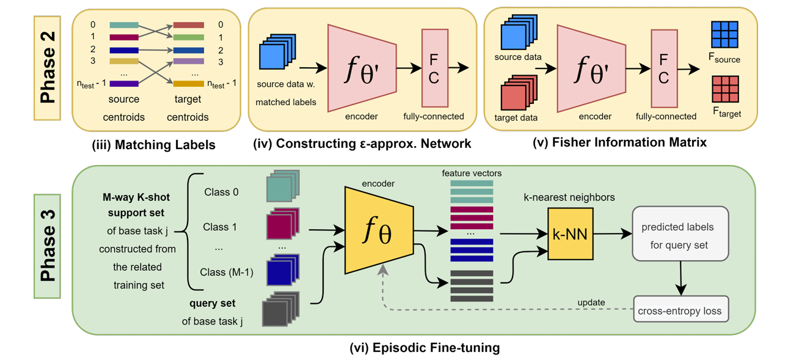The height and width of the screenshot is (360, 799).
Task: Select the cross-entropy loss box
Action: click(680, 310)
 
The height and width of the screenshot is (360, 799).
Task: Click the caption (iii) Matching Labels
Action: click(154, 145)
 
